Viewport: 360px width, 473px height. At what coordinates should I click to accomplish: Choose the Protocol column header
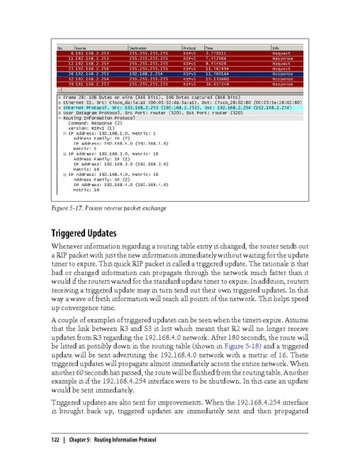point(190,48)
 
